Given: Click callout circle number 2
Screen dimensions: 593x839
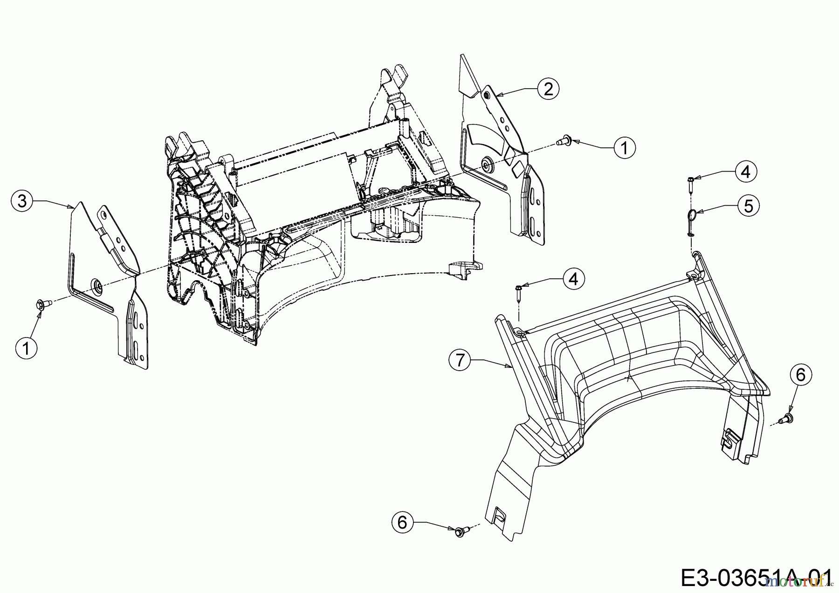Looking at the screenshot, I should [x=548, y=89].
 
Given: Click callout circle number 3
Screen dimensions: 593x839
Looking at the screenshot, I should [x=22, y=201].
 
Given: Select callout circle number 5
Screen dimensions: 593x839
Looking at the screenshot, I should [x=748, y=206].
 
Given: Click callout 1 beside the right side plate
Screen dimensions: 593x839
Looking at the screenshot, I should [x=624, y=148].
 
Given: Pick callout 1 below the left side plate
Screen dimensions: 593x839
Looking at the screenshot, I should [x=27, y=348].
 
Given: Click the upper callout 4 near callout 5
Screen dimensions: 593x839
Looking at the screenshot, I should [x=745, y=172].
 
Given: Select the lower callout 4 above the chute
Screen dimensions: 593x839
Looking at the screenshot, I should [x=573, y=279].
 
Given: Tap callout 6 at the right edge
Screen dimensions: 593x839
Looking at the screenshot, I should [x=800, y=375].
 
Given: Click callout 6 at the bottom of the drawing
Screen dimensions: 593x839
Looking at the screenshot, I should [x=403, y=523].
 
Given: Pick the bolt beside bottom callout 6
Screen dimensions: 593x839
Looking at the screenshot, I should [x=460, y=531].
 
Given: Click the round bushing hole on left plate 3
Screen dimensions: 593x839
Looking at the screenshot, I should [x=97, y=285].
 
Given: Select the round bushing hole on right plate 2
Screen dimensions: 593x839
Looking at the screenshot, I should [x=488, y=163].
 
